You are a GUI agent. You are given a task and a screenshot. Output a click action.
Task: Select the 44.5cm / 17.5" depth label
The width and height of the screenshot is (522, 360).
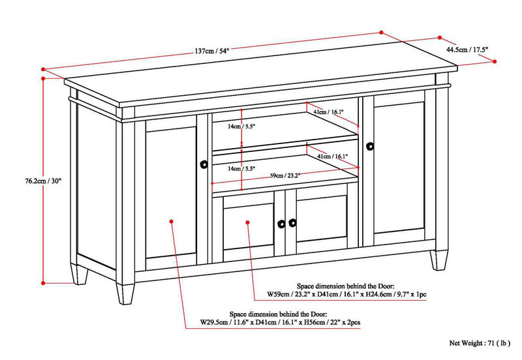tap(467, 48)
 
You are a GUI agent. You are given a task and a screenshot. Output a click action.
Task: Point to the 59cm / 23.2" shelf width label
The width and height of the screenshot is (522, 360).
tap(286, 175)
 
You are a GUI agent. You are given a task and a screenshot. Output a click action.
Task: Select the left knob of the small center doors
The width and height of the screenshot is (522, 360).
tap(281, 222)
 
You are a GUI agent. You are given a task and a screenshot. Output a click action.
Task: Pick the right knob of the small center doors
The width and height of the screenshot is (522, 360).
tap(292, 222)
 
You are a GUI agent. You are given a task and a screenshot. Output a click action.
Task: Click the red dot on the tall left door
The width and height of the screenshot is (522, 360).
tap(171, 222)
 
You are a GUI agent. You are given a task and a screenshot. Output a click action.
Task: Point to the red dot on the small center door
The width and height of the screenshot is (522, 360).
tap(247, 222)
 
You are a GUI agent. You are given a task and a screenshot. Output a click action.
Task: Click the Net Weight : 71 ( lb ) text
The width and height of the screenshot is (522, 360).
tap(482, 342)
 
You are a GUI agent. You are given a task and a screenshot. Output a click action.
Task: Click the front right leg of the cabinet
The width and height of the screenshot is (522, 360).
tap(435, 260)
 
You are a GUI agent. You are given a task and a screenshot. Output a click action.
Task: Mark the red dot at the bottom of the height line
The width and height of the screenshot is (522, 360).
tap(44, 283)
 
